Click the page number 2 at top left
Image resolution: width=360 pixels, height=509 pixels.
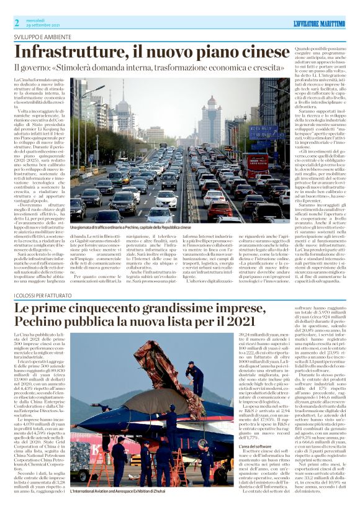(17, 23)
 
